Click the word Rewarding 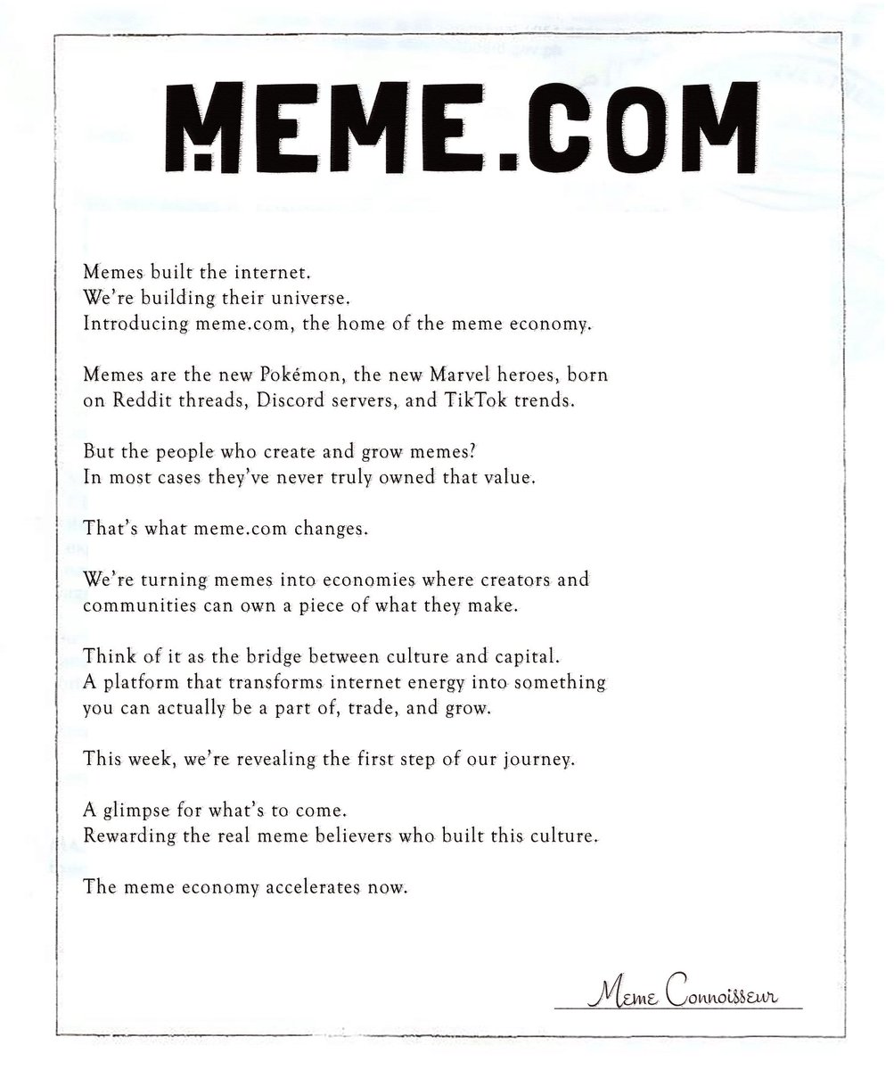click(x=124, y=838)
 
